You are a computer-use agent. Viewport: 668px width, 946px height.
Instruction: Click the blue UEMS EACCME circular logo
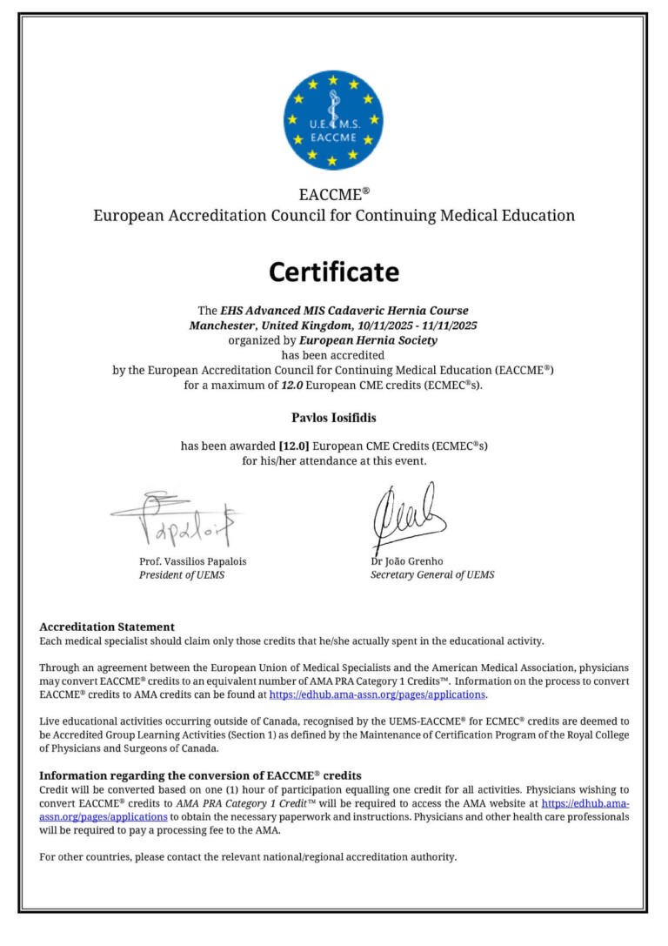tap(333, 120)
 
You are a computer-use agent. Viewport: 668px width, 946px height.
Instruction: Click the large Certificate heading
tap(333, 272)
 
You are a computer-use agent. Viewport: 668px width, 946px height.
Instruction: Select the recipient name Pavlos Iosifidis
tap(333, 418)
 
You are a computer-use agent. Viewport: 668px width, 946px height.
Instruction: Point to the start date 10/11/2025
tap(385, 325)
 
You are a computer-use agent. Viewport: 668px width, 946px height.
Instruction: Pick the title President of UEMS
tap(182, 575)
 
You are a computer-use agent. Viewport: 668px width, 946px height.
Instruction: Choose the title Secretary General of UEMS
tap(432, 575)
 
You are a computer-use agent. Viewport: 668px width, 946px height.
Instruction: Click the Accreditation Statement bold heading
tap(107, 627)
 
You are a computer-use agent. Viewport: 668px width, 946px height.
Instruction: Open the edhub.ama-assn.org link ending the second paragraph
tap(377, 695)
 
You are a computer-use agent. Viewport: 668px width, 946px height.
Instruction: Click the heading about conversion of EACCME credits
tap(200, 775)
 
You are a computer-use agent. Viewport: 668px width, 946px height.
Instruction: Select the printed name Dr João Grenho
tap(406, 561)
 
